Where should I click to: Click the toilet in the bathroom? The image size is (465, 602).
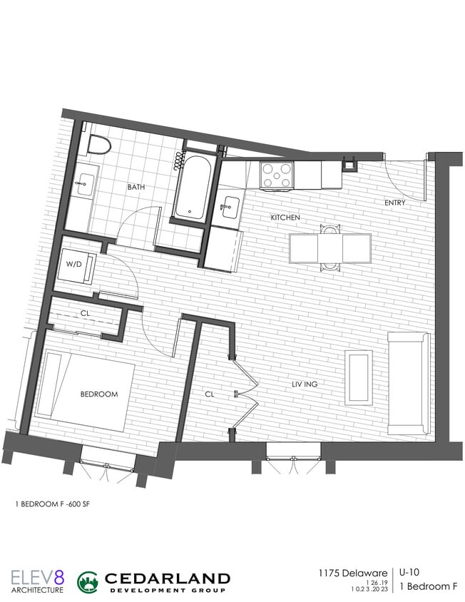[x=99, y=145]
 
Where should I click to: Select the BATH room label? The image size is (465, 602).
[x=136, y=188]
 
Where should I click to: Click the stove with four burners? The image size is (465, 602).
[x=277, y=175]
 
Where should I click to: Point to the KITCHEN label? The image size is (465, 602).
[x=285, y=217]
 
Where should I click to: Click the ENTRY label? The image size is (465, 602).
[x=394, y=203]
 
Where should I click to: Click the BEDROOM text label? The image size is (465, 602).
[x=98, y=394]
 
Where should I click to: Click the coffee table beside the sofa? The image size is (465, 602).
[x=358, y=377]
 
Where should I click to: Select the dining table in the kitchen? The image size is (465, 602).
[x=329, y=248]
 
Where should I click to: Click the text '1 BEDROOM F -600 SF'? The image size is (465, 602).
[x=53, y=504]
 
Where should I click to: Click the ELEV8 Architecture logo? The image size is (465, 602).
[x=37, y=581]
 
